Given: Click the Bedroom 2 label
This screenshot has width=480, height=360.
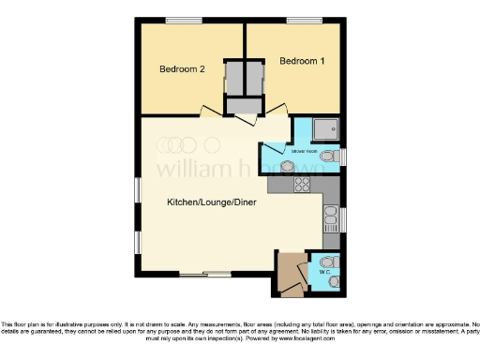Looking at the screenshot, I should [x=181, y=68].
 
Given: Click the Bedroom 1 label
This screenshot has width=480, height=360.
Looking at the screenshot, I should [x=302, y=61].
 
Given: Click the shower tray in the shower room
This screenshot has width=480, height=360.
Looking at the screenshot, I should [x=318, y=130].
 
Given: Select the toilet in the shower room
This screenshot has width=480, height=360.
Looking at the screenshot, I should [x=327, y=158].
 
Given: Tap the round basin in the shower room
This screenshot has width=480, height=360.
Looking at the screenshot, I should [x=288, y=166].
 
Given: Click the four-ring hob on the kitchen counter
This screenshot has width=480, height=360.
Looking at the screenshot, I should [x=303, y=185].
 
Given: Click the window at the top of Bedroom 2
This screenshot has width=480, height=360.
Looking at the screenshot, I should [x=181, y=21].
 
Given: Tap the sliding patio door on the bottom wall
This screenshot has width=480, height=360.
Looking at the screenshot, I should [x=206, y=275].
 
